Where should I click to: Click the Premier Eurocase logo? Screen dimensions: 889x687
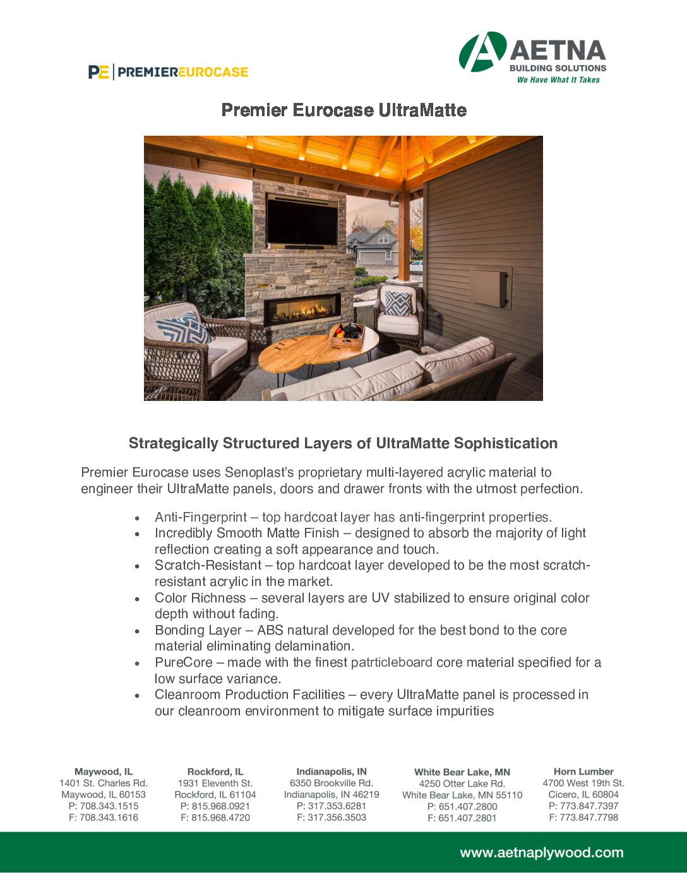point(168,72)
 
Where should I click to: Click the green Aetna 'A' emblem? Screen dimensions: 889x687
point(482,52)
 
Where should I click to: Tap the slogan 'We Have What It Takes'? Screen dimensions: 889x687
point(558,80)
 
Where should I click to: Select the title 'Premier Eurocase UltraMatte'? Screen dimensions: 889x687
point(343,110)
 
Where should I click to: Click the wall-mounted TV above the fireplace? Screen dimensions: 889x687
point(302,220)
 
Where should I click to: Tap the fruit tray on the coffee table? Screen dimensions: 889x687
point(347,335)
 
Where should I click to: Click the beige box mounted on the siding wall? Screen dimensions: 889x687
point(489,288)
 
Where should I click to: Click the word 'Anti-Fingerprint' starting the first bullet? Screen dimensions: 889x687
point(201,517)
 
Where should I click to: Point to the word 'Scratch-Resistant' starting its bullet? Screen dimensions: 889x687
point(208,565)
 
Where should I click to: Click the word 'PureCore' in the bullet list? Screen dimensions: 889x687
point(183,662)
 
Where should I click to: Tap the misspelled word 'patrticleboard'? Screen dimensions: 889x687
point(391,662)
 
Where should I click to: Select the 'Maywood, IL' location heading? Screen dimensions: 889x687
point(104,772)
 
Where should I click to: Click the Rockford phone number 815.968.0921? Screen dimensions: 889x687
point(215,806)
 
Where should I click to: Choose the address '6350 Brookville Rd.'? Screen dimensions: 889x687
point(332,783)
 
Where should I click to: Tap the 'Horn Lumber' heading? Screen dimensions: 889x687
point(583,772)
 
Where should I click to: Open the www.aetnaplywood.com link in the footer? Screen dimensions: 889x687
point(541,853)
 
